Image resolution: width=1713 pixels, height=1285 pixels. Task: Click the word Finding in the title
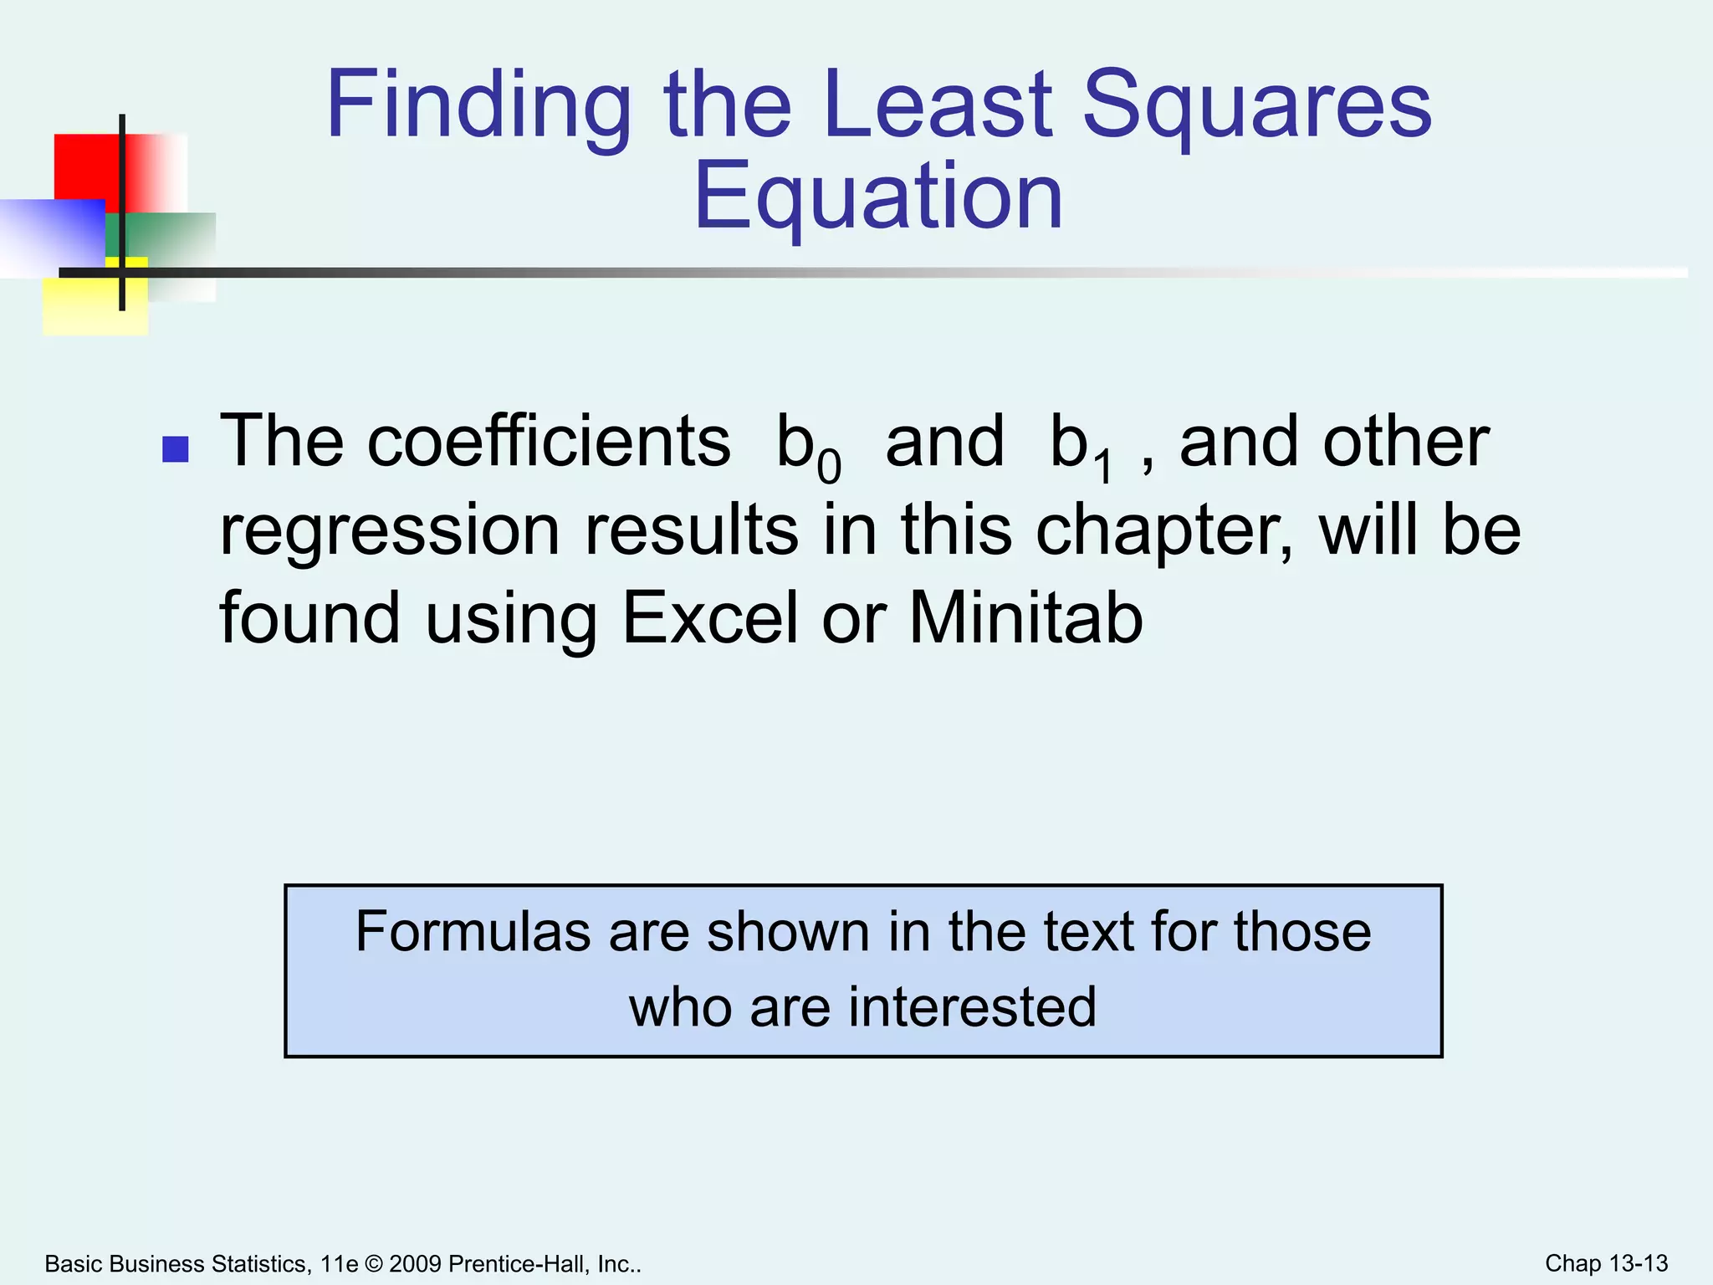(478, 106)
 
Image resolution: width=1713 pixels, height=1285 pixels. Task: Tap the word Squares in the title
(1256, 106)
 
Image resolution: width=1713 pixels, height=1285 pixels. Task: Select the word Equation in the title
(878, 197)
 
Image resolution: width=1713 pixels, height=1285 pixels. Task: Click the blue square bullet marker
(175, 450)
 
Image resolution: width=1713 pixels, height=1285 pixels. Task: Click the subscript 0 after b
(829, 466)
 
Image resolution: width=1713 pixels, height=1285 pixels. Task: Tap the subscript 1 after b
(1104, 466)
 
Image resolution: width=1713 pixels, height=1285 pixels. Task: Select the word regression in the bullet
(389, 530)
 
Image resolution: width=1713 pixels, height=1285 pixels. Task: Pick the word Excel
(710, 618)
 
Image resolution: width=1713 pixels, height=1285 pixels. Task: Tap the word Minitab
(1025, 618)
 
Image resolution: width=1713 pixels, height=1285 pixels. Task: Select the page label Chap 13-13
(1606, 1263)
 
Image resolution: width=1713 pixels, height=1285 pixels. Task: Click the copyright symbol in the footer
(373, 1264)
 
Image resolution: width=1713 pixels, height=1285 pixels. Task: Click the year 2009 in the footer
(415, 1264)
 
